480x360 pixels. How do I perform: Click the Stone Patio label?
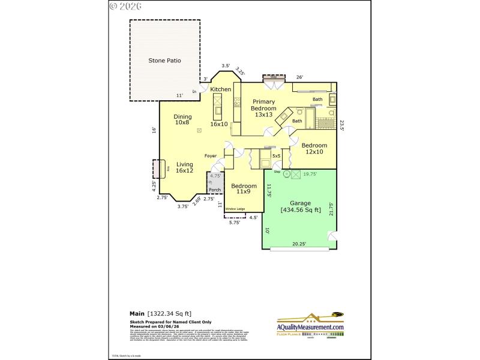click(x=164, y=61)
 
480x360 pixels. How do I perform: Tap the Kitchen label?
click(x=220, y=89)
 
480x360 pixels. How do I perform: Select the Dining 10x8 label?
click(x=182, y=119)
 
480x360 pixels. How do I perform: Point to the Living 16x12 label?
click(x=184, y=167)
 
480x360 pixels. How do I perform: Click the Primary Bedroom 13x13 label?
click(x=264, y=108)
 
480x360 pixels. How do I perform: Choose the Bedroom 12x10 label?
click(x=314, y=148)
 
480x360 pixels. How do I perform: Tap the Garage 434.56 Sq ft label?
click(x=301, y=206)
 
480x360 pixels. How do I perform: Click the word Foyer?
click(x=210, y=156)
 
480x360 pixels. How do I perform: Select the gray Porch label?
click(x=214, y=190)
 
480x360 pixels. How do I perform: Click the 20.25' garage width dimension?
click(x=299, y=244)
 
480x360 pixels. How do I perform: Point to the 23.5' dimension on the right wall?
click(x=342, y=125)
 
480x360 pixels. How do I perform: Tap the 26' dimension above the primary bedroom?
click(x=299, y=77)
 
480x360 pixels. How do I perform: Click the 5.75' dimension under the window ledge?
click(x=235, y=222)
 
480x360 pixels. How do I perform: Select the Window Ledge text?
click(x=235, y=209)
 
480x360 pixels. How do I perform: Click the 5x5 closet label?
click(x=276, y=156)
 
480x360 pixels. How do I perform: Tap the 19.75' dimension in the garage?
click(x=310, y=174)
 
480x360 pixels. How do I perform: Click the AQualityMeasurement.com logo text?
click(x=310, y=326)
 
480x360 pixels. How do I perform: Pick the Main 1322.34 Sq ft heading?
click(x=160, y=313)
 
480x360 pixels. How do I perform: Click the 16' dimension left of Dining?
click(x=154, y=129)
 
